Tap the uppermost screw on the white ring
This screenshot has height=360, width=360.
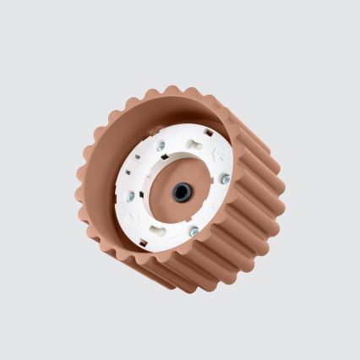161,145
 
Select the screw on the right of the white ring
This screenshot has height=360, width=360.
225,178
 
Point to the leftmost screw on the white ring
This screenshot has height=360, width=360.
130,196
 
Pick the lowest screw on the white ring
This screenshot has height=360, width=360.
194,231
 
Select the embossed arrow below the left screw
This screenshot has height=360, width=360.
135,216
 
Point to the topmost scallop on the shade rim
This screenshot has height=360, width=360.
172,89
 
